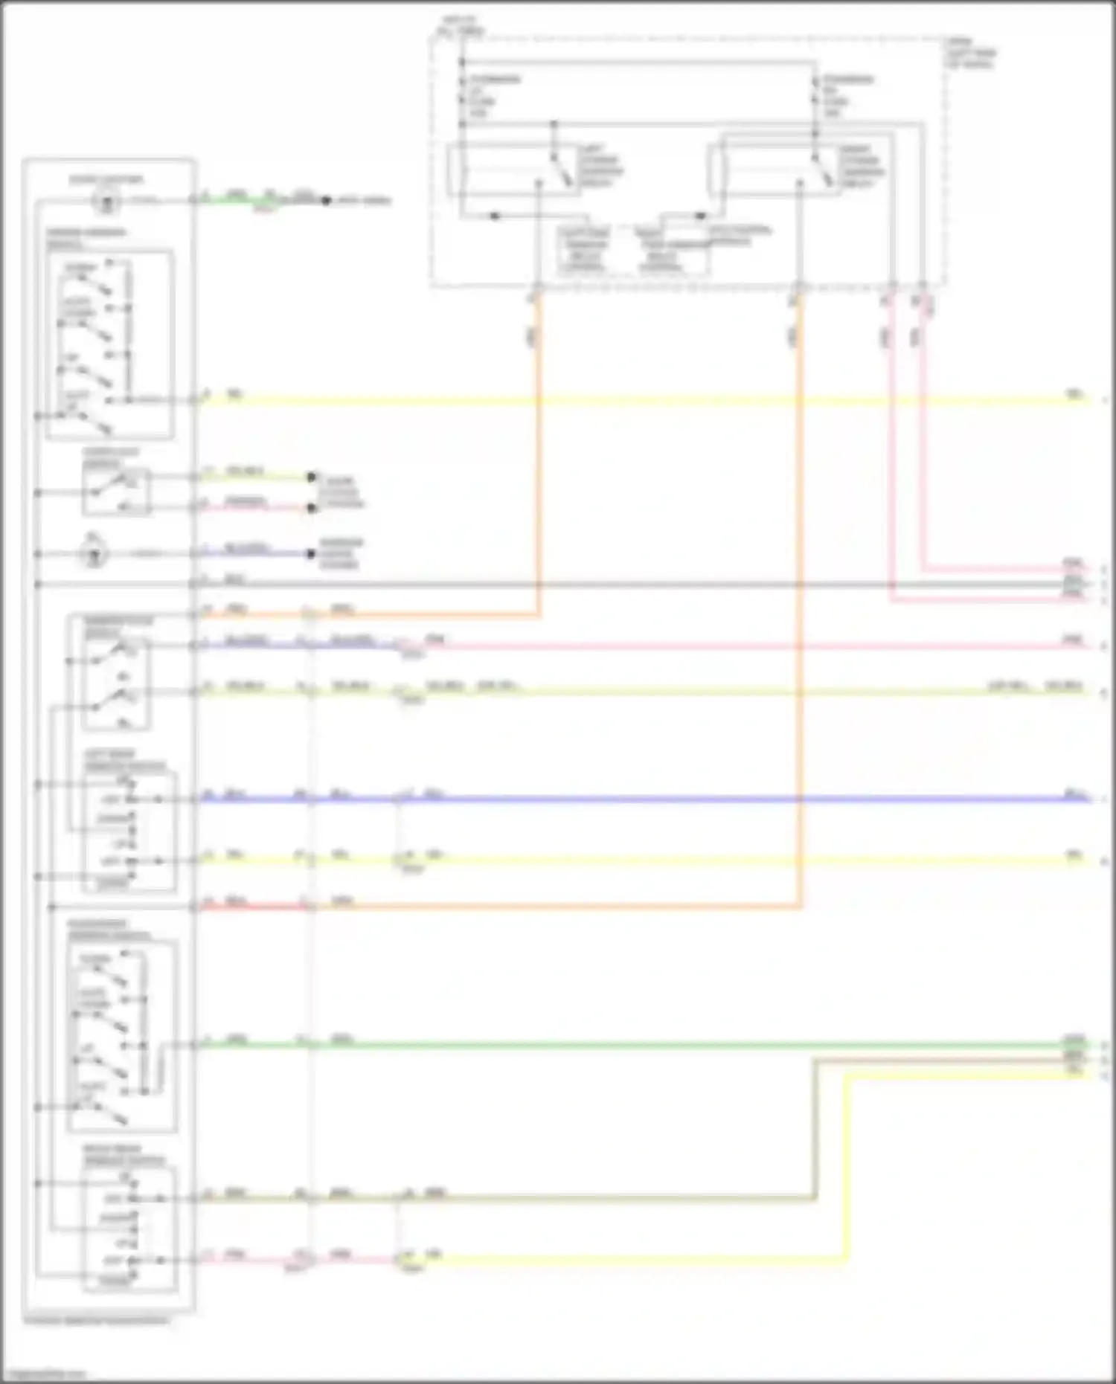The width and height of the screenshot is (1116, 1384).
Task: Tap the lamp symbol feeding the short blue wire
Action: pyautogui.click(x=95, y=553)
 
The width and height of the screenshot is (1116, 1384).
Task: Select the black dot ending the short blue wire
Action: pyautogui.click(x=312, y=554)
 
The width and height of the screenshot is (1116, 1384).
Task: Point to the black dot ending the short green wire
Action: pyautogui.click(x=325, y=201)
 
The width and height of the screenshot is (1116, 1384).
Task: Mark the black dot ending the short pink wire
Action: pyautogui.click(x=312, y=508)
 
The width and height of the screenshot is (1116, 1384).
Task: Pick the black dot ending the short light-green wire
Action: pyautogui.click(x=312, y=477)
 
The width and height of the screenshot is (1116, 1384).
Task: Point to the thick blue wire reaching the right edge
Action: pyautogui.click(x=744, y=799)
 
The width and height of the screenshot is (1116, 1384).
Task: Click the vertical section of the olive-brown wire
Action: pyautogui.click(x=815, y=1130)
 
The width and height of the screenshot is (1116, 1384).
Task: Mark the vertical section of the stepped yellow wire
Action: pyautogui.click(x=847, y=1168)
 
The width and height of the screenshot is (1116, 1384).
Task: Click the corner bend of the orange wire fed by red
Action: pyautogui.click(x=801, y=906)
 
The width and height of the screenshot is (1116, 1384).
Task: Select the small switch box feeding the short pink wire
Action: pyautogui.click(x=116, y=492)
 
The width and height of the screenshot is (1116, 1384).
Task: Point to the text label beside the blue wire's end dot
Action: pyautogui.click(x=341, y=553)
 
